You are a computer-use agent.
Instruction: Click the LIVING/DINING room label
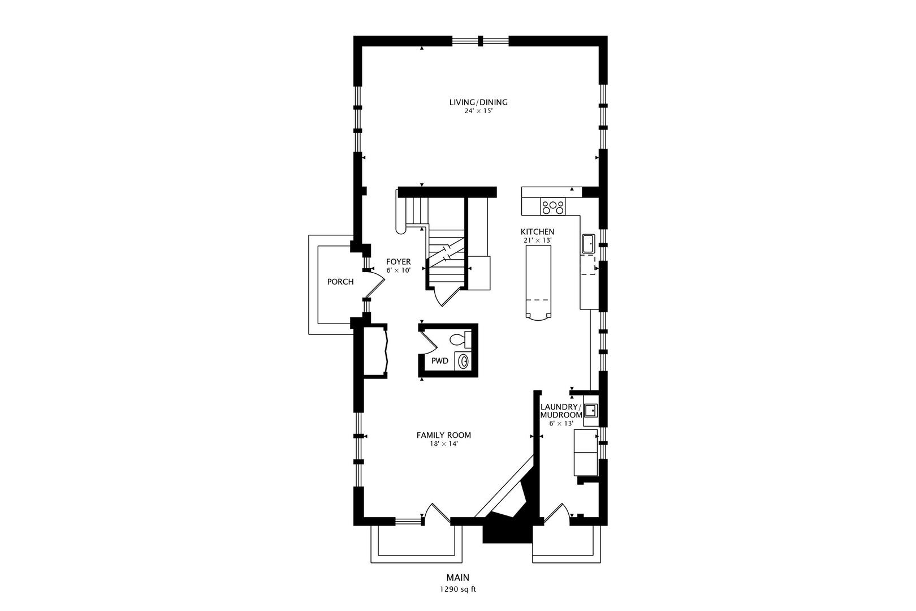tap(478, 102)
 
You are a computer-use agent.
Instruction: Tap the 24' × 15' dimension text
tap(478, 111)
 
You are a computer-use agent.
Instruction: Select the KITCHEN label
tap(537, 231)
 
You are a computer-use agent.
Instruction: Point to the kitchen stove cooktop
tap(552, 206)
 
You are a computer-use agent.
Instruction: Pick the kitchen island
tap(538, 282)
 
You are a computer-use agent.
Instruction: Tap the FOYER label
tap(398, 262)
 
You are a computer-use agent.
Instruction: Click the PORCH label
tap(340, 282)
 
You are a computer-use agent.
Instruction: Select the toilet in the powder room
tap(460, 339)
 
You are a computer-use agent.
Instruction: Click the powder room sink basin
tap(464, 362)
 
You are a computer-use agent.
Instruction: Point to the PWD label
tap(440, 361)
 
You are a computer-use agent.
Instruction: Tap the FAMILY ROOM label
tap(444, 436)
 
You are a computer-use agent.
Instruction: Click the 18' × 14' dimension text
tap(444, 444)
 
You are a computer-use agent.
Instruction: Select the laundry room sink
tap(590, 410)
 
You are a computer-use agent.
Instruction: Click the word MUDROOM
tap(561, 415)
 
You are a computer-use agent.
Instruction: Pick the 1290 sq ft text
tap(458, 590)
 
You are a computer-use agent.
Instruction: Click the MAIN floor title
tap(458, 578)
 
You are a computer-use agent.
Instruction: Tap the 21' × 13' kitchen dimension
tap(538, 240)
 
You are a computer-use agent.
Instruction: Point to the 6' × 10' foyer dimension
tap(398, 270)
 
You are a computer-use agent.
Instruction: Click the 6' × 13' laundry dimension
tap(561, 424)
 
